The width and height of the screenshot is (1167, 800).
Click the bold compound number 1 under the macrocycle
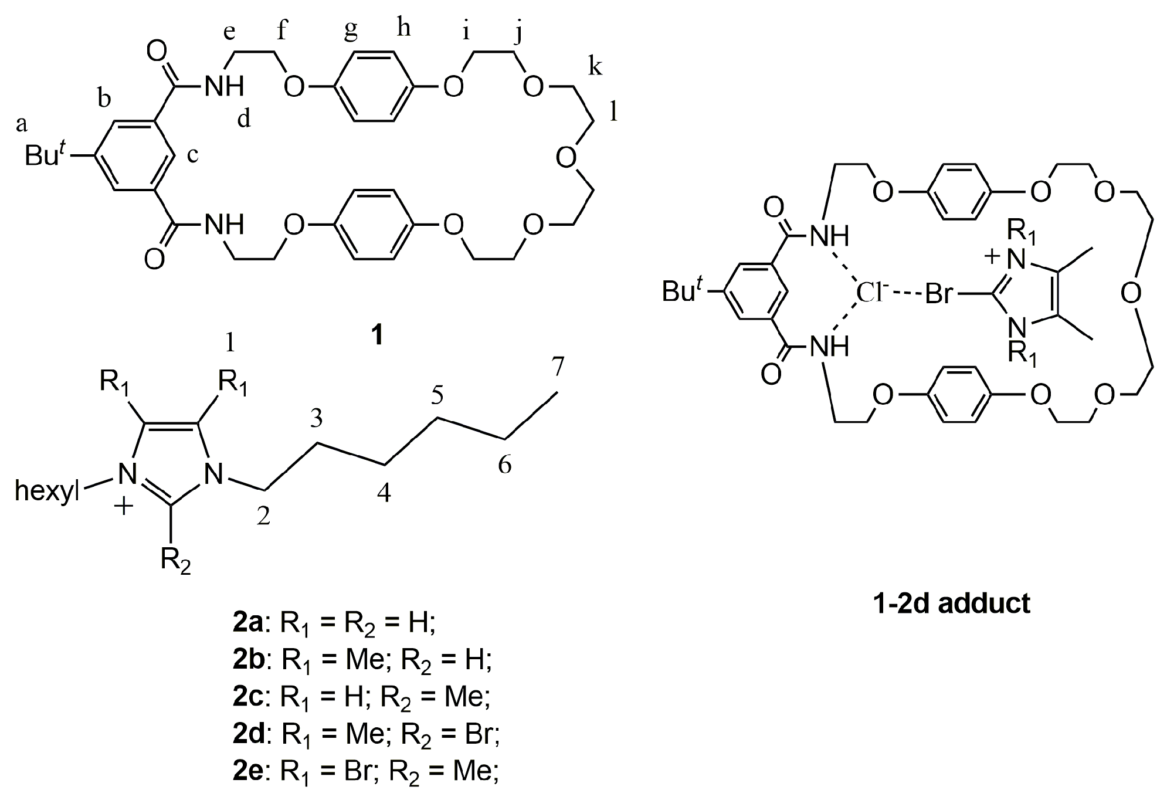point(378,335)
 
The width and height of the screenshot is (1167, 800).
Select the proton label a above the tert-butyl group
point(21,124)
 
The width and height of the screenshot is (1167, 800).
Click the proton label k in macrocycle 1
point(595,67)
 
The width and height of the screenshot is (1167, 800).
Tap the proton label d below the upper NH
point(244,120)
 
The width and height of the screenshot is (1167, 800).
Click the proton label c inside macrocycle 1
point(192,156)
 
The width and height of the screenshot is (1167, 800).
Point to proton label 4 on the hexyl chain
point(384,494)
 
